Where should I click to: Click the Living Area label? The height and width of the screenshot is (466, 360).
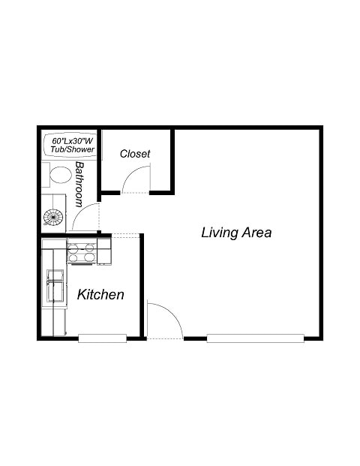236,233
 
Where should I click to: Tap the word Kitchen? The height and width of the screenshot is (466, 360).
100,295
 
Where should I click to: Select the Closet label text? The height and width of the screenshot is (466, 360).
135,154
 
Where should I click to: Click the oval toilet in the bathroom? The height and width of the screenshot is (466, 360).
60,177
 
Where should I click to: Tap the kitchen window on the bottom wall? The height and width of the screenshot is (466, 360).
102,338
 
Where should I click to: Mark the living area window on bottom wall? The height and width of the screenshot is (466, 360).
255,338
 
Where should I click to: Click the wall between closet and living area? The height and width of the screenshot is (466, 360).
172,161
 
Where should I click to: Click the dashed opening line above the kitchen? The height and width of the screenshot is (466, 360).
126,236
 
